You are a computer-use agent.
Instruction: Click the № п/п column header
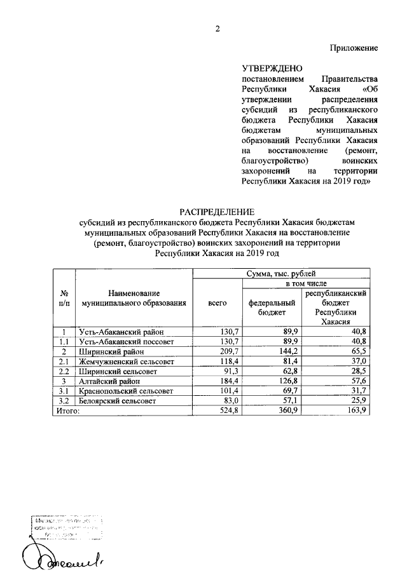coord(64,298)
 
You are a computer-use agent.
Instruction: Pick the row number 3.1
coord(64,391)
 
